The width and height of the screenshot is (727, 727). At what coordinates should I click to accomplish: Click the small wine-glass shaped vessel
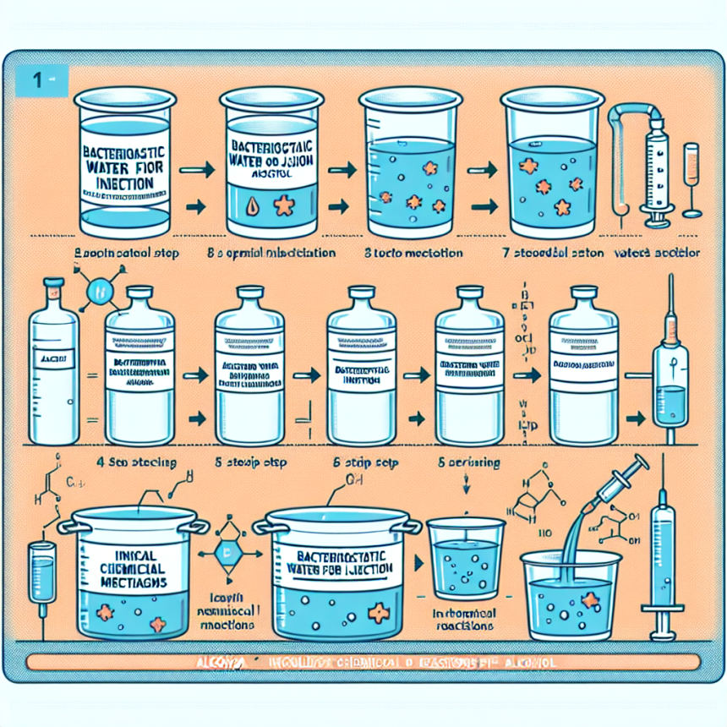point(691,178)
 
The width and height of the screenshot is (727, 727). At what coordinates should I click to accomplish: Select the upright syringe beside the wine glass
point(655,173)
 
